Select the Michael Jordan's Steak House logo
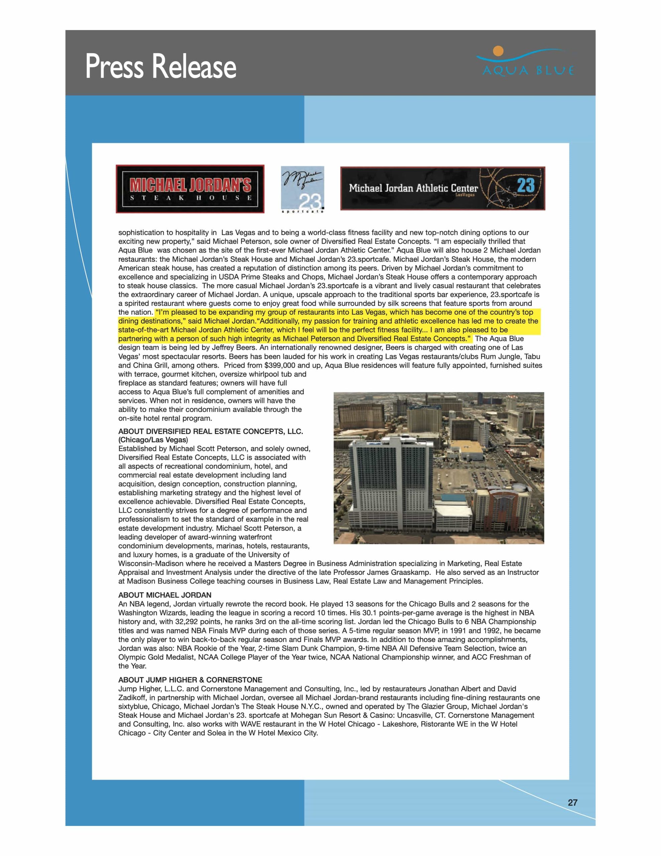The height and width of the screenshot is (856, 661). point(190,189)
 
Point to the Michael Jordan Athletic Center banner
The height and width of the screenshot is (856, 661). point(442,189)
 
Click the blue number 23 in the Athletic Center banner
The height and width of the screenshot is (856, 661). point(525,185)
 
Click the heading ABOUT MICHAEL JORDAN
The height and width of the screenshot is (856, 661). point(164,595)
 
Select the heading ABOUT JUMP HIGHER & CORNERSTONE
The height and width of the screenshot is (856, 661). point(190,680)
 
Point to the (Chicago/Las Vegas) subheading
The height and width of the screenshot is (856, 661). point(153,440)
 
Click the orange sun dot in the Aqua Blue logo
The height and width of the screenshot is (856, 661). point(498,50)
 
